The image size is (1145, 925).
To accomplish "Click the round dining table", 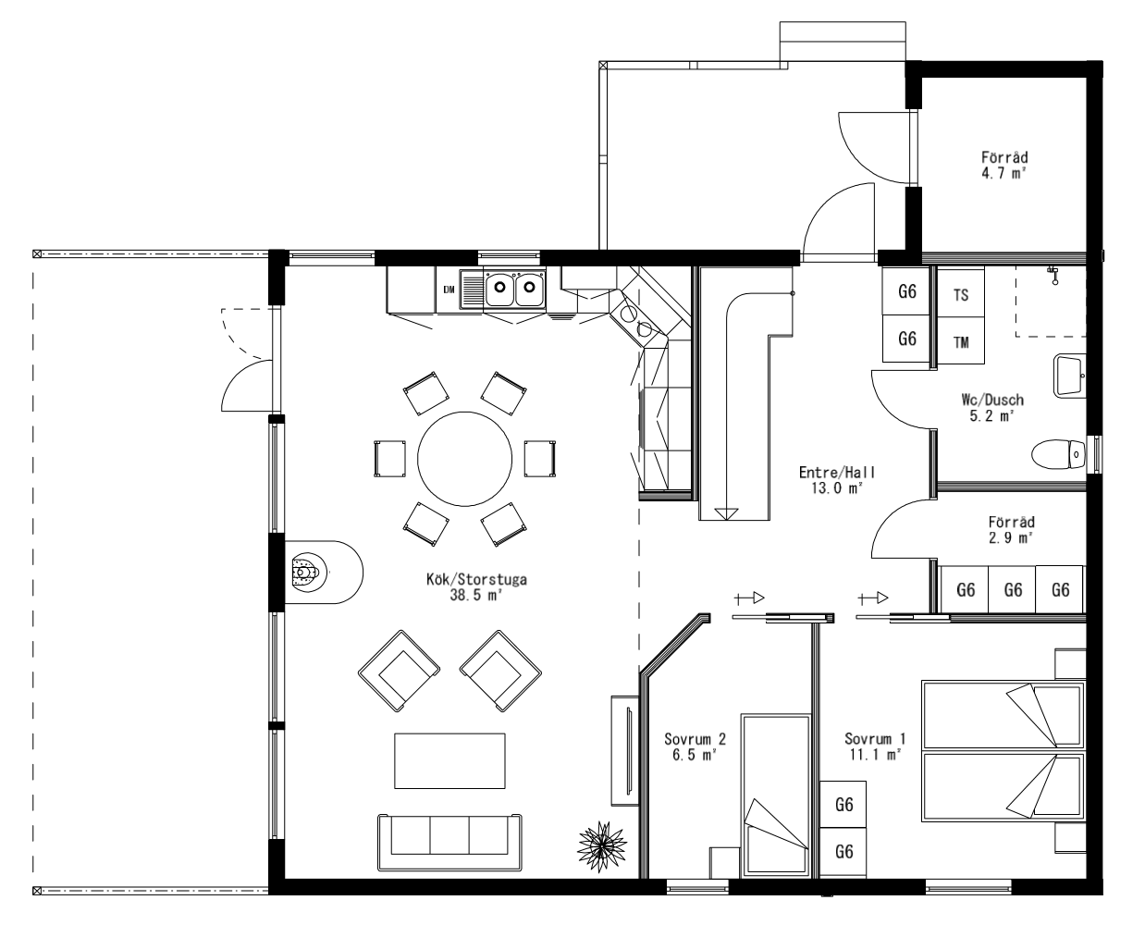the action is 464,459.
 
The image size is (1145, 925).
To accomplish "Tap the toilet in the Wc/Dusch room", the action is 1058,455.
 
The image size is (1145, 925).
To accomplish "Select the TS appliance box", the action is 961,293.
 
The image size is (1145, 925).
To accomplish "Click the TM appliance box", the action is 961,340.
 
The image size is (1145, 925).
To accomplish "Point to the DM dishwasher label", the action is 449,290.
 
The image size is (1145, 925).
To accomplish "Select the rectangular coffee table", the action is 449,760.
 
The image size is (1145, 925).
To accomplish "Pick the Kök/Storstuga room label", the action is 476,579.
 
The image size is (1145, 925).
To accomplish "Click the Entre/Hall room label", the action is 837,473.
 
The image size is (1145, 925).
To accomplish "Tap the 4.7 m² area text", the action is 1004,173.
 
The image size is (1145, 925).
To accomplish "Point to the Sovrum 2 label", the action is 695,739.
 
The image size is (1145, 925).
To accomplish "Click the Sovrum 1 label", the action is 875,738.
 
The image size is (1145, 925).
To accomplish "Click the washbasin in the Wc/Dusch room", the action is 1069,376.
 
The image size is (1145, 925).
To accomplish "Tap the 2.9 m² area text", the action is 1011,537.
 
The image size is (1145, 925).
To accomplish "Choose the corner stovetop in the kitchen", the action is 637,319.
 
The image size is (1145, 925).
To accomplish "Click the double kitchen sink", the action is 514,289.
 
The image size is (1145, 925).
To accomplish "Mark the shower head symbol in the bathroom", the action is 1054,275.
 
